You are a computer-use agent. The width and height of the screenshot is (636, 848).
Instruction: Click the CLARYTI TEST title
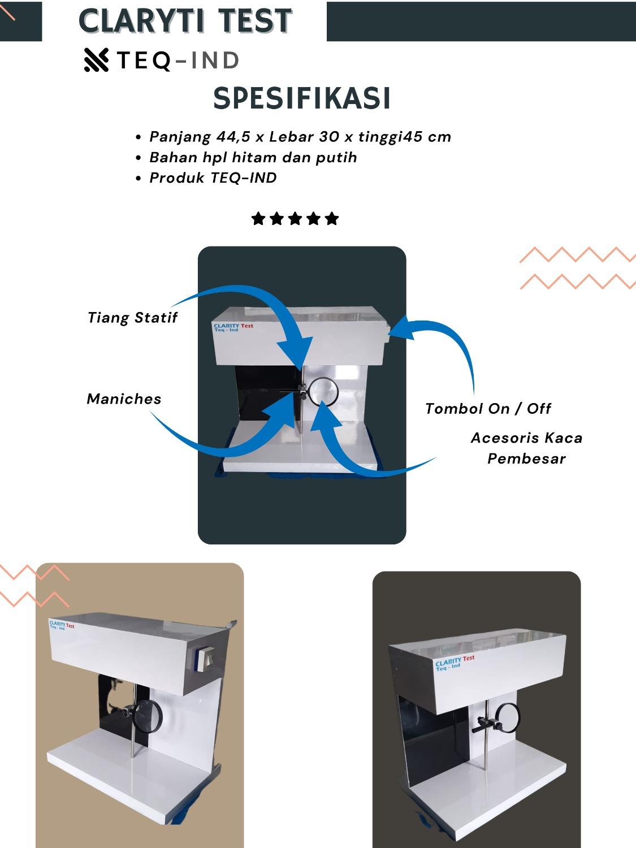click(x=185, y=21)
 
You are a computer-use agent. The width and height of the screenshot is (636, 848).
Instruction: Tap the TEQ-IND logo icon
click(x=96, y=60)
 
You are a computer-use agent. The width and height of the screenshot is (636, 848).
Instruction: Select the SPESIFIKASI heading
click(x=301, y=98)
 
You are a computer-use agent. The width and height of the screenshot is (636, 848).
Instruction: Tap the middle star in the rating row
click(x=295, y=219)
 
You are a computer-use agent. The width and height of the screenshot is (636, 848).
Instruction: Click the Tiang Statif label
click(x=132, y=318)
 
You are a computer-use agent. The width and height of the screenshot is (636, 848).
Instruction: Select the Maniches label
click(x=124, y=399)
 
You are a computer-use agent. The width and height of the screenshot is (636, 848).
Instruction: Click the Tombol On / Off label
click(x=488, y=408)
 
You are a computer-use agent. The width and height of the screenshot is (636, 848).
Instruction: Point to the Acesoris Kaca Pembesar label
click(x=526, y=448)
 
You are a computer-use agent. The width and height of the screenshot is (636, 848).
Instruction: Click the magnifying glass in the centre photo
click(x=324, y=392)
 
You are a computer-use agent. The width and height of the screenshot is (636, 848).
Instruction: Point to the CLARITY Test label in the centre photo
click(x=233, y=327)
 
